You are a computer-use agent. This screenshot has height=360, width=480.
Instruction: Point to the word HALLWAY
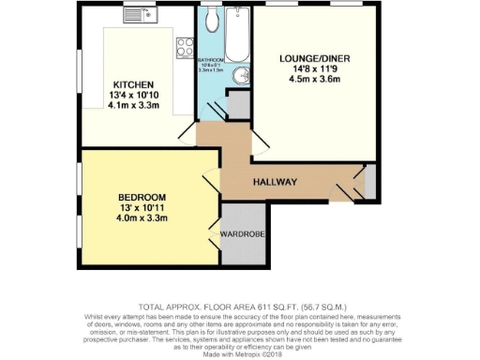pyautogui.click(x=275, y=182)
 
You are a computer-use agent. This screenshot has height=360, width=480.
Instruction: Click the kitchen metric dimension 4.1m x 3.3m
pyautogui.click(x=127, y=106)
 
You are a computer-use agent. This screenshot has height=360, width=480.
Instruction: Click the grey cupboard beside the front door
pyautogui.click(x=368, y=182)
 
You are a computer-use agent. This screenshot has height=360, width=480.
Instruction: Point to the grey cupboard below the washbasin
pyautogui.click(x=239, y=106)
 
